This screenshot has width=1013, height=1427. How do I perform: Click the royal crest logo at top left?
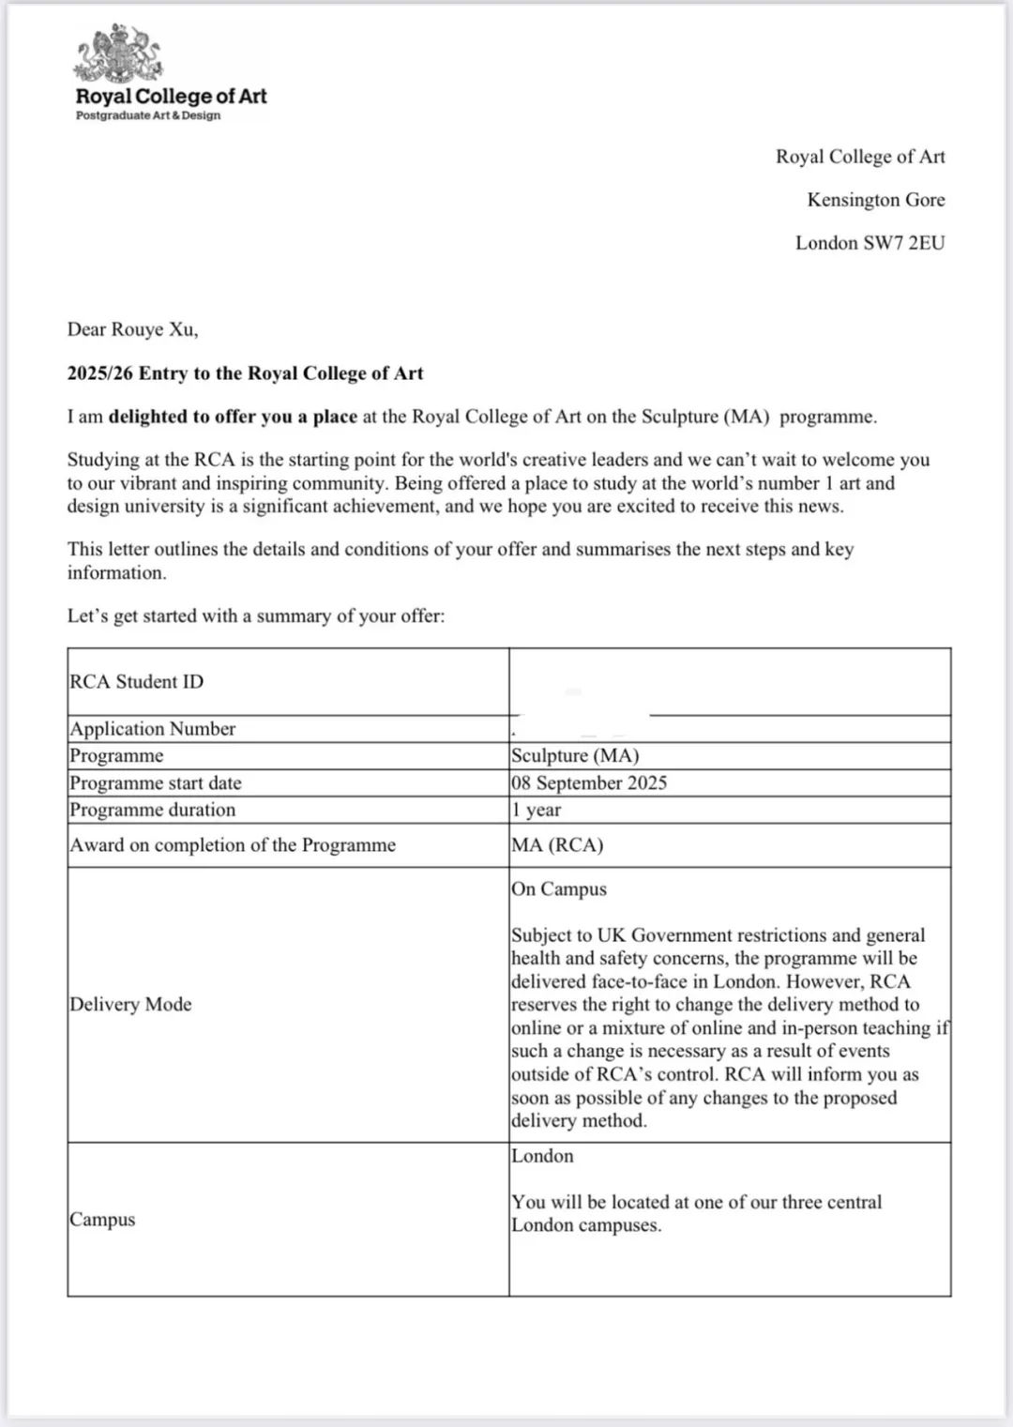117,54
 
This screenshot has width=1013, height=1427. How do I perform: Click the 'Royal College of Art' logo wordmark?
171,96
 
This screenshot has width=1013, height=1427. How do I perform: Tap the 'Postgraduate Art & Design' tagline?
148,115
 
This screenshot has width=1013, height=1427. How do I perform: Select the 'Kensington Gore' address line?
875,200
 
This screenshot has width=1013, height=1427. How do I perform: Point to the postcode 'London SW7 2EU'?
869,243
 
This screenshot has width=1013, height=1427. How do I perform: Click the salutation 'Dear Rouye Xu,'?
132,329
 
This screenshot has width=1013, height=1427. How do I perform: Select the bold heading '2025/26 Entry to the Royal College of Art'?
245,373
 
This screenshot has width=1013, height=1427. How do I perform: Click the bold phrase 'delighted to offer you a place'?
233,417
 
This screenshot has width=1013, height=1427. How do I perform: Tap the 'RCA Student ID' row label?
136,682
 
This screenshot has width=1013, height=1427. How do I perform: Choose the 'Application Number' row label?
153,729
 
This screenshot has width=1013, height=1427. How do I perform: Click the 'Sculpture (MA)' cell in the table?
575,756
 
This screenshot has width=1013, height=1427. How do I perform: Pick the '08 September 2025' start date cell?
589,783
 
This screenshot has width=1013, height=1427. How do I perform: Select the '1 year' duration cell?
536,810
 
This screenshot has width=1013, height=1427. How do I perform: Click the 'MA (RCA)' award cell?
557,845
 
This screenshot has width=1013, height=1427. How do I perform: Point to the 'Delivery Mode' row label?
130,1004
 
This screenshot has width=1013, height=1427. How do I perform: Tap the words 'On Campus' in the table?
559,888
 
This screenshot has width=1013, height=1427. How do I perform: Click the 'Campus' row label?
102,1220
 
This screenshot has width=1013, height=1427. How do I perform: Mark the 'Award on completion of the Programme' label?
233,845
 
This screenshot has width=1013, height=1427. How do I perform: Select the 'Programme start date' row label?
156,783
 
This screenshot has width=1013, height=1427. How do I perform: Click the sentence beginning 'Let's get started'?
255,616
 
